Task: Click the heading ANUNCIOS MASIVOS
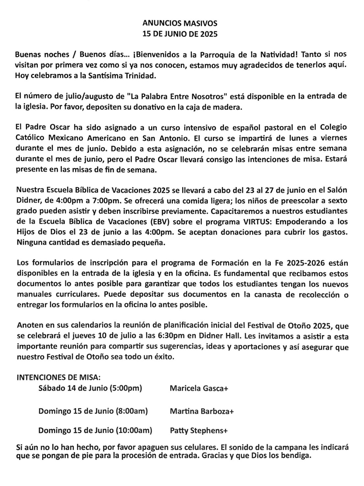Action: click(x=180, y=23)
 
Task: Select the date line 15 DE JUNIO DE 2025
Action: click(x=180, y=34)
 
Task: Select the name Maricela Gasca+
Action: click(x=199, y=388)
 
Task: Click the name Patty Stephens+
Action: click(x=198, y=430)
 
